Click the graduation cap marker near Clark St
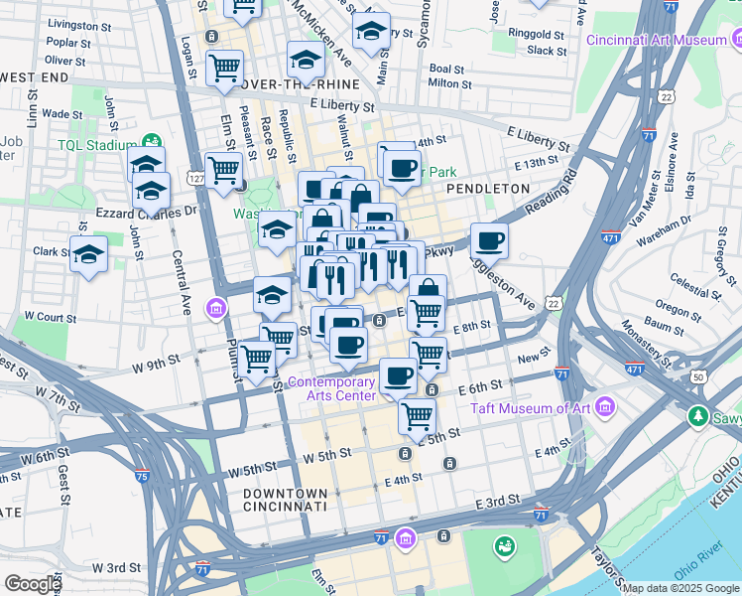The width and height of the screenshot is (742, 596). tap(88, 254)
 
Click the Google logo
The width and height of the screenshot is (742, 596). tap(32, 584)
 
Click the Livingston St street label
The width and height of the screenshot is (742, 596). tap(79, 23)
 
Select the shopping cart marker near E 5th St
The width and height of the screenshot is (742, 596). tap(417, 416)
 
